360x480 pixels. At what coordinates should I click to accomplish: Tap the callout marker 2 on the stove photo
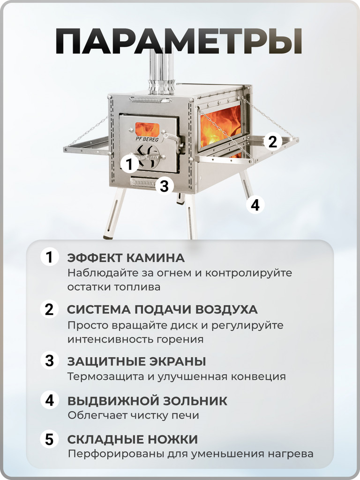click(x=272, y=141)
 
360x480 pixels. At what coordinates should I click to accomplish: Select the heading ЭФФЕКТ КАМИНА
click(x=126, y=258)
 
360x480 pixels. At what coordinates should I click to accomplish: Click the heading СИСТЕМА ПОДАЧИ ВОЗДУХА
click(x=162, y=310)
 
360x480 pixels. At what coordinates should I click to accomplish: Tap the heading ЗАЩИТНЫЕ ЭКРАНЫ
click(x=137, y=361)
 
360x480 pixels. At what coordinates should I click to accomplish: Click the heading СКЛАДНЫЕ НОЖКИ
click(x=133, y=440)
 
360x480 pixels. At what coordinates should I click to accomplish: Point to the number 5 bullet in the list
click(x=49, y=440)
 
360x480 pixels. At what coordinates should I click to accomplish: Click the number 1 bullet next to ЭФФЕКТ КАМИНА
click(x=49, y=258)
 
